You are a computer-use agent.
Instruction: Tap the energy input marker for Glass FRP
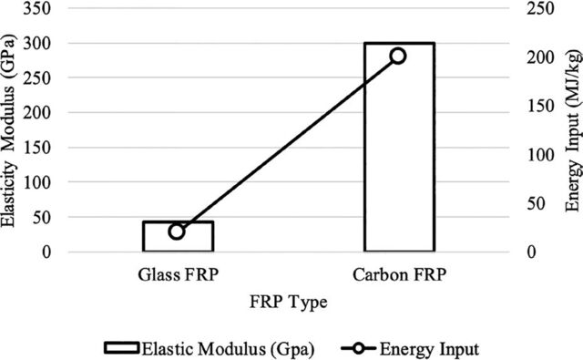coord(177,231)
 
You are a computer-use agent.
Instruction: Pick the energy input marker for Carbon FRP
coord(398,56)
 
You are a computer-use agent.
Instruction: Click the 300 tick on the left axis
coord(37,43)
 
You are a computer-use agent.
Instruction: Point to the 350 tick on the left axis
coord(37,8)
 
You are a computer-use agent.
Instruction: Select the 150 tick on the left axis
coord(37,148)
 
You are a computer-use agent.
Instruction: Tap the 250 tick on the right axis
coord(541,8)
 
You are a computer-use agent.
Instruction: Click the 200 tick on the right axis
coord(541,57)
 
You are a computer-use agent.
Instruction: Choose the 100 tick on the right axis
coord(541,154)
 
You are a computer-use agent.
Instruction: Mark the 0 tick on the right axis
coord(532,252)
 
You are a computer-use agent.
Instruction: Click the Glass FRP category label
coord(179,275)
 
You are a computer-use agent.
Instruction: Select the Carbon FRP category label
coord(399,275)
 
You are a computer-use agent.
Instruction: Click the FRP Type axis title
coord(289,302)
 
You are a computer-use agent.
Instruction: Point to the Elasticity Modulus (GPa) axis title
coord(8,131)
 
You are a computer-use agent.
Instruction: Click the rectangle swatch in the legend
coord(122,348)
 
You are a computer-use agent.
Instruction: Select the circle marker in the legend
coord(359,348)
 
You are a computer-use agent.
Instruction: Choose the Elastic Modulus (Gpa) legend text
coord(229,349)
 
